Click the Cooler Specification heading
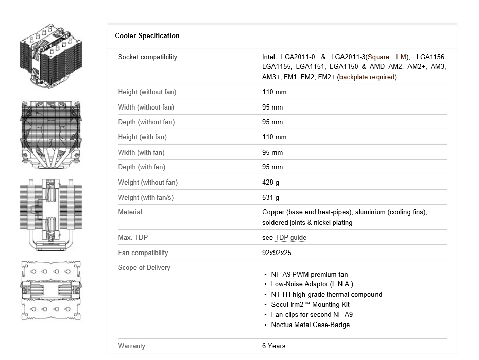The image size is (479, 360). [x=147, y=36]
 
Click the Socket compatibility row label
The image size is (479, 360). [x=147, y=57]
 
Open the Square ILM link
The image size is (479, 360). [x=388, y=57]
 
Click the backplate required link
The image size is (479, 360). [x=367, y=77]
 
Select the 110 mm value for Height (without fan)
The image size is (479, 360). [x=274, y=92]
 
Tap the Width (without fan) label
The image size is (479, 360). [x=146, y=107]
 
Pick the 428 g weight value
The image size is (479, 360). [x=270, y=183]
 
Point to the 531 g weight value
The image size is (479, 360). [x=270, y=198]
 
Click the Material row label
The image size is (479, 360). [x=130, y=212]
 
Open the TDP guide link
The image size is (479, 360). [x=291, y=238]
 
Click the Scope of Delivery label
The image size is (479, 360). [x=144, y=268]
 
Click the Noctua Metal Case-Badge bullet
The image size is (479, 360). [x=310, y=325]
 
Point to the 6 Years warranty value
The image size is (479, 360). [x=273, y=346]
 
